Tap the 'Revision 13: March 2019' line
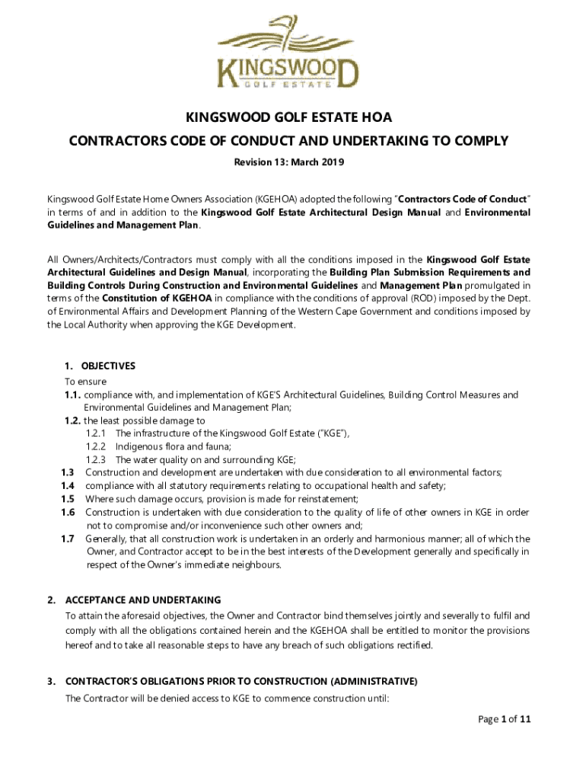coord(288,161)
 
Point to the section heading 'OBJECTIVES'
coord(108,366)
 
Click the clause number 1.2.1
coord(95,433)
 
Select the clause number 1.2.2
coord(95,446)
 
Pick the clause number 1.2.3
coord(95,459)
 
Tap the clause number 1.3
coord(68,472)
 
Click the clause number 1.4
coord(68,485)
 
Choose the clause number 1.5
coord(68,498)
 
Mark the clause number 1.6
coord(68,512)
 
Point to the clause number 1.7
coord(68,539)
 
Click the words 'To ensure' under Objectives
coord(85,381)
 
